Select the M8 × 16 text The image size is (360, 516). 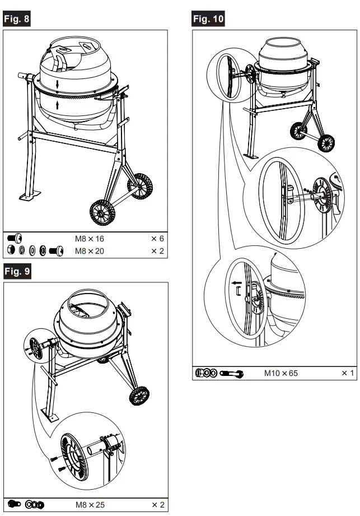click(x=90, y=238)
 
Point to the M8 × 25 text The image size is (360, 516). click(x=90, y=505)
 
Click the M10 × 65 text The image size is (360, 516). click(x=280, y=373)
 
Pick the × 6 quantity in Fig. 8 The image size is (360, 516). click(x=157, y=238)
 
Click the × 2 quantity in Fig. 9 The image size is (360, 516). click(x=157, y=505)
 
